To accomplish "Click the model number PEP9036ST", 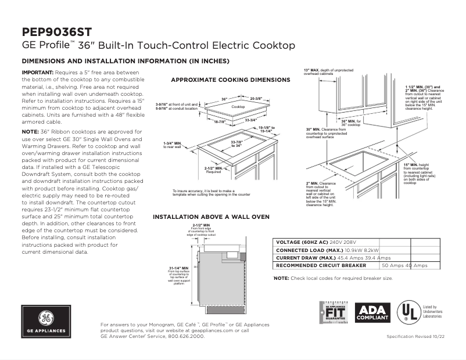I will (56, 31).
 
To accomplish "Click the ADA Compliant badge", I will (372, 314).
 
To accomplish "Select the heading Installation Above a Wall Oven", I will (211, 217).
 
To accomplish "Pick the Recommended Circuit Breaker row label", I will (321, 265).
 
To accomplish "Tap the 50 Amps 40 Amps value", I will (404, 265).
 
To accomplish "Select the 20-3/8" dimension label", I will (256, 99).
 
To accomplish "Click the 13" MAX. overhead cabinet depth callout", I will (328, 72).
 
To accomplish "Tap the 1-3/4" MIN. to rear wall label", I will (174, 145).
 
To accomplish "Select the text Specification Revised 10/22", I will (416, 337).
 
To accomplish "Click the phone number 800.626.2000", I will (187, 336).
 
